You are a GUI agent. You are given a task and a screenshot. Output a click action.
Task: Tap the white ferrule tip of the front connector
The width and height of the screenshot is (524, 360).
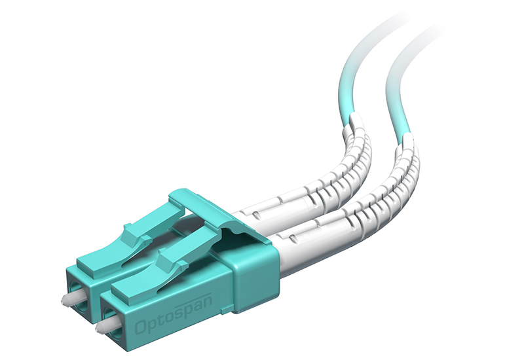[106, 327]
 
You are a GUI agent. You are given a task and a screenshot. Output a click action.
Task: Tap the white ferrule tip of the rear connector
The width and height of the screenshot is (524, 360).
[71, 298]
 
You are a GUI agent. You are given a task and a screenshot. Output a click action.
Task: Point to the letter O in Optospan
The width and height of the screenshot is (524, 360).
[141, 327]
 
